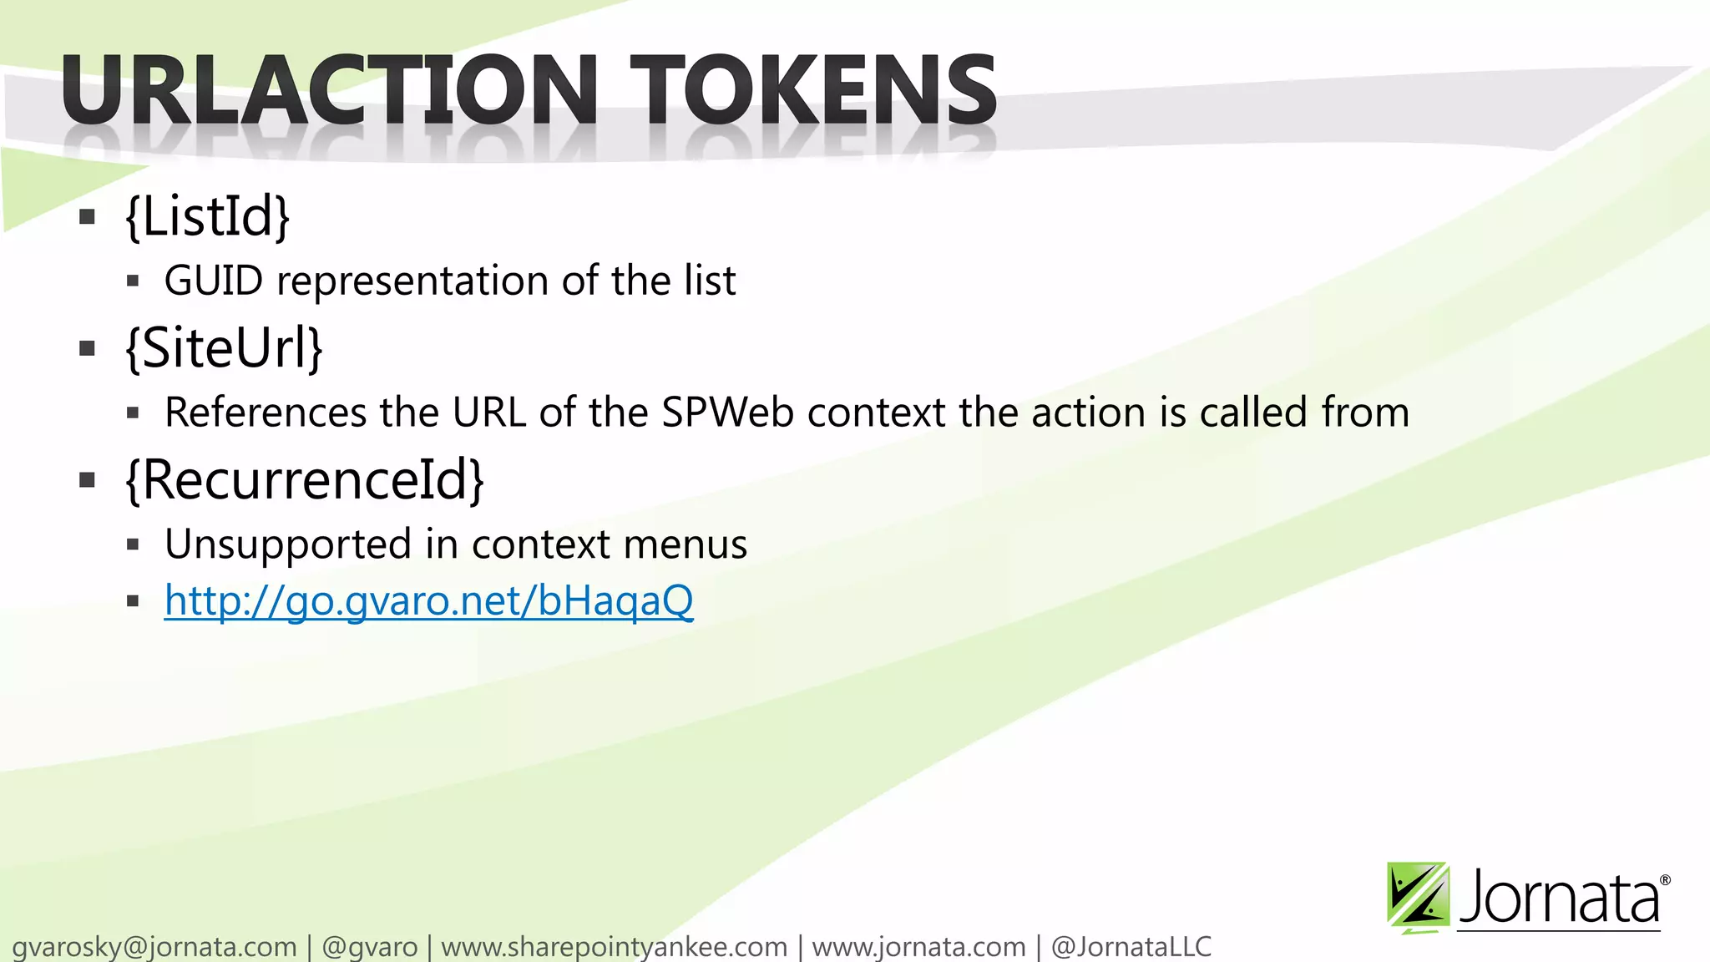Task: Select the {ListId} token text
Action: pos(207,216)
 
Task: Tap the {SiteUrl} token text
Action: pos(224,347)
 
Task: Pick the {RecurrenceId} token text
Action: pos(304,479)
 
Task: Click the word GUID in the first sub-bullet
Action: pos(214,281)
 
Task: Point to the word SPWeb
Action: pos(727,413)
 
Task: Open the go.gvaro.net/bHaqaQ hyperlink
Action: pos(428,600)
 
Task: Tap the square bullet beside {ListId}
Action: pos(87,218)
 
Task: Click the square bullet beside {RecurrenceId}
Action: pos(87,480)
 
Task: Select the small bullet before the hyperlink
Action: pos(133,601)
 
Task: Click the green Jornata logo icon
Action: pos(1417,897)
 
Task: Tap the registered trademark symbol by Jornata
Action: pos(1665,880)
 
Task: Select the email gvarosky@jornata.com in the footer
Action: pos(154,947)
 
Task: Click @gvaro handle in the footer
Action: pos(369,947)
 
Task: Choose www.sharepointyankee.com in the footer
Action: pos(614,947)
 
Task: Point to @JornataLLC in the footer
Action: pos(1131,947)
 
